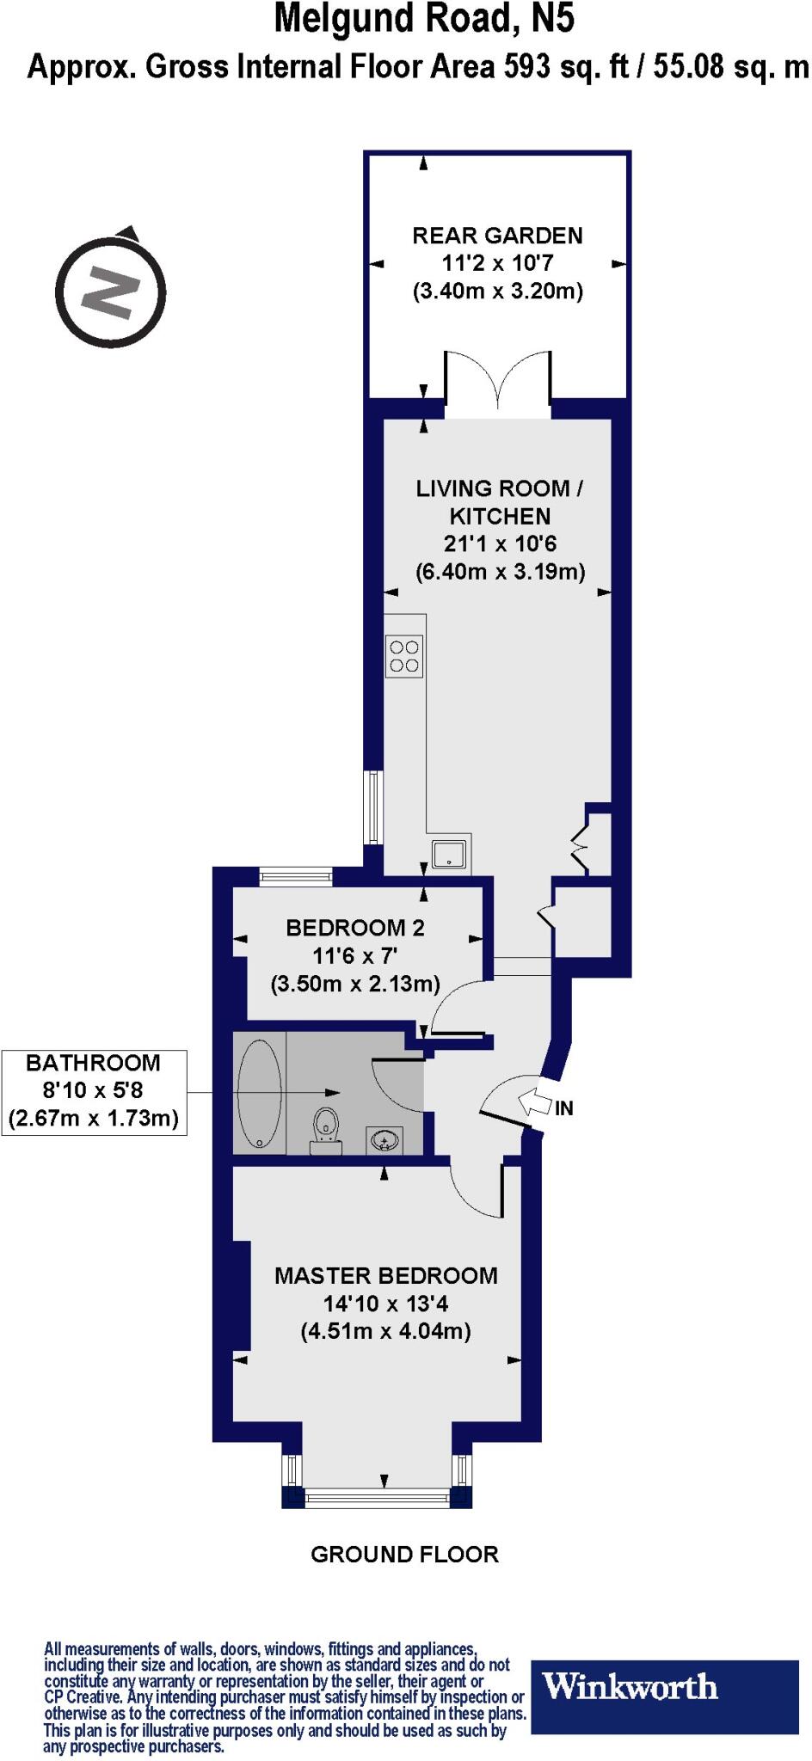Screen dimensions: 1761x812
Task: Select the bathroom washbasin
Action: [384, 1139]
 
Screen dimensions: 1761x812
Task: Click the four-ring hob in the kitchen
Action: [404, 656]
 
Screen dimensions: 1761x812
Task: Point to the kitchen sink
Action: [450, 854]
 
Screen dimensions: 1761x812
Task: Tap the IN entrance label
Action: [563, 1109]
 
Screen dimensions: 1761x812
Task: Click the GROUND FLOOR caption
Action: [404, 1555]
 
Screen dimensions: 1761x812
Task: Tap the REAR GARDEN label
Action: [497, 236]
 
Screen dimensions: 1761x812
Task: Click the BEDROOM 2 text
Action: [355, 928]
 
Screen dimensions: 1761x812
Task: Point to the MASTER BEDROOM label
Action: [385, 1276]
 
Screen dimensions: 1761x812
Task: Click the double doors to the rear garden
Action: [498, 378]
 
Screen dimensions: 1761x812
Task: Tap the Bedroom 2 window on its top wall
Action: [296, 877]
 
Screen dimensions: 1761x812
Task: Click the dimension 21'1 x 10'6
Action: [500, 544]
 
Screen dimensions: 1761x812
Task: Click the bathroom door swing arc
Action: [397, 1086]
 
